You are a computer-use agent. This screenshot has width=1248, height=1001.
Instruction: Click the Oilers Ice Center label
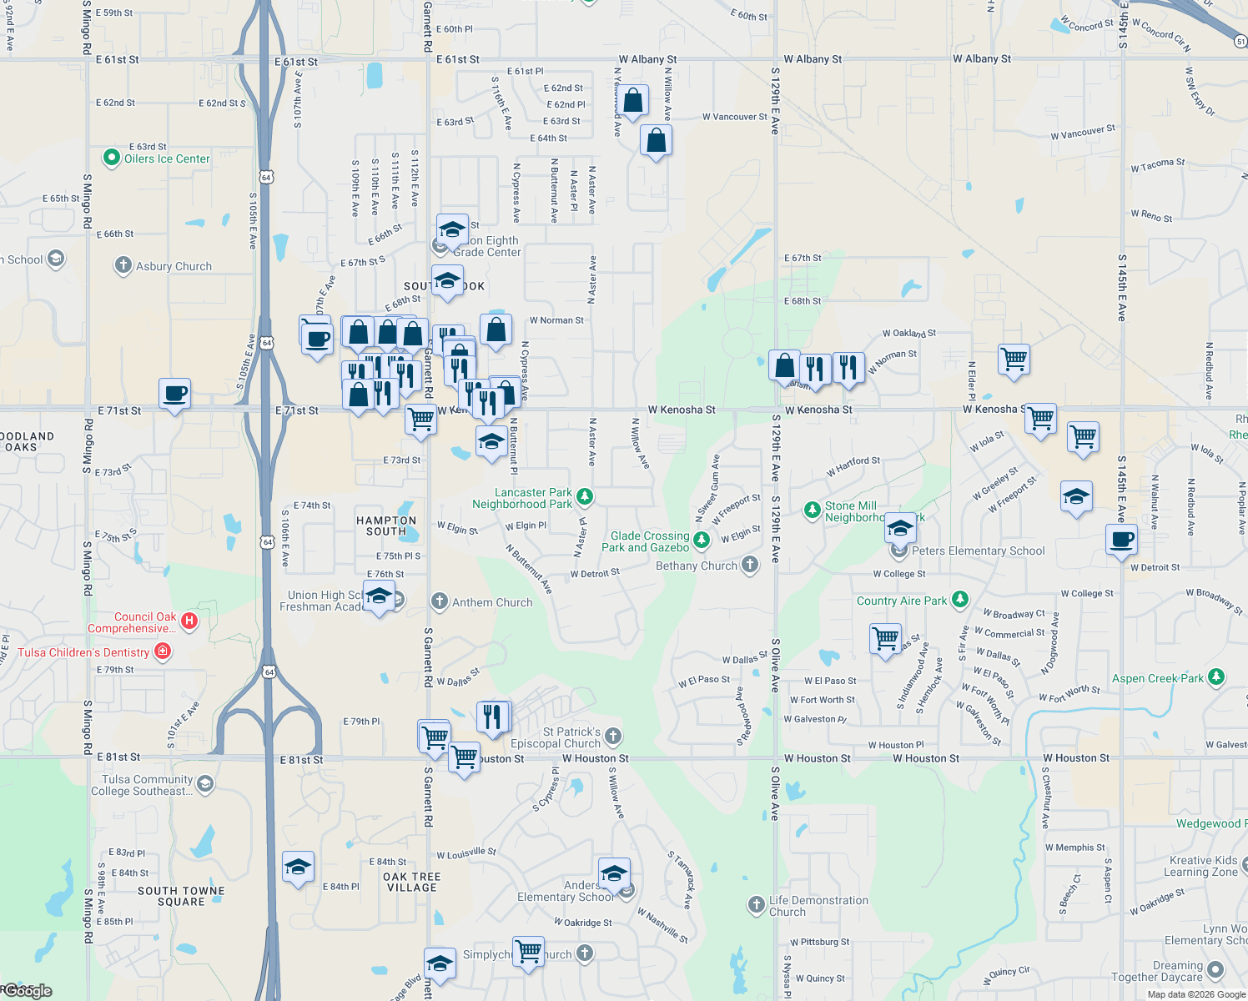pyautogui.click(x=167, y=158)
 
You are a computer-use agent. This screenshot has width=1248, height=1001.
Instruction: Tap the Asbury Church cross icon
pyautogui.click(x=123, y=266)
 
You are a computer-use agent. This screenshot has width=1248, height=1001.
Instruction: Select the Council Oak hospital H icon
pyautogui.click(x=189, y=621)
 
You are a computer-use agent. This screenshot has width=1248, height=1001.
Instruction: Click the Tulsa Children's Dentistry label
pyautogui.click(x=83, y=652)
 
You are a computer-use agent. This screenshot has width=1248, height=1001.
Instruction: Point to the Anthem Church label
pyautogui.click(x=492, y=602)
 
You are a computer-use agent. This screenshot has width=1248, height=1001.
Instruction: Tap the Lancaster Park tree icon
pyautogui.click(x=585, y=497)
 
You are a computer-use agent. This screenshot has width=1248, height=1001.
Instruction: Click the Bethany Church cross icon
pyautogui.click(x=750, y=565)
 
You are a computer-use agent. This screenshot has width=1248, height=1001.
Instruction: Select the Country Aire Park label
pyautogui.click(x=902, y=601)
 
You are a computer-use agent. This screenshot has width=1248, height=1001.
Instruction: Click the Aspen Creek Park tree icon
pyautogui.click(x=1216, y=677)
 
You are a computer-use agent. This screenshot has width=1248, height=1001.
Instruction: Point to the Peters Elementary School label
pyautogui.click(x=978, y=551)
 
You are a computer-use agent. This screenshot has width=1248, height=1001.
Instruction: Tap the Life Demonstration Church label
pyautogui.click(x=818, y=906)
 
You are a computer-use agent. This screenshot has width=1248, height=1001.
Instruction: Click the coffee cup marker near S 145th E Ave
pyautogui.click(x=1122, y=540)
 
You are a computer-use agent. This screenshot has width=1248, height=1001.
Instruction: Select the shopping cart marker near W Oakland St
pyautogui.click(x=1014, y=360)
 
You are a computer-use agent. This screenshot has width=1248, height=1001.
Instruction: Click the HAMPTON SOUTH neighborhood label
pyautogui.click(x=386, y=526)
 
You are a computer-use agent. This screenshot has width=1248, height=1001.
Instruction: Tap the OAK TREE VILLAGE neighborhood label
pyautogui.click(x=412, y=882)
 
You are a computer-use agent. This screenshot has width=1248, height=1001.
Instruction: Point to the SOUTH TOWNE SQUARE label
pyautogui.click(x=181, y=896)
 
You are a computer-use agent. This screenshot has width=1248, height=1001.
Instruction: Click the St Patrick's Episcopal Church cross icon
pyautogui.click(x=613, y=736)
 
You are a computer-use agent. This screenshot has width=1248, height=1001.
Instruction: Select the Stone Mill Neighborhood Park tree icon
pyautogui.click(x=812, y=510)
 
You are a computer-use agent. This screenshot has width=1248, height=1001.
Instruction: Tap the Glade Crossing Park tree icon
pyautogui.click(x=702, y=540)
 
